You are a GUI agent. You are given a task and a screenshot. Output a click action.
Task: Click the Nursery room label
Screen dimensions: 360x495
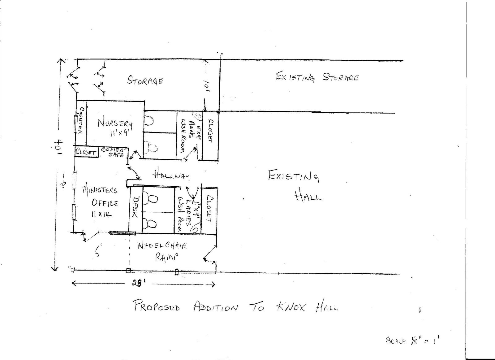115,127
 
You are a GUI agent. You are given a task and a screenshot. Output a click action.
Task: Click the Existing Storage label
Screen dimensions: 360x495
317,77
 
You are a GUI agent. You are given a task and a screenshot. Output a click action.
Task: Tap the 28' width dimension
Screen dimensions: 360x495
137,284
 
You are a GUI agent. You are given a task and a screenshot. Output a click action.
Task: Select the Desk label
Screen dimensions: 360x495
135,207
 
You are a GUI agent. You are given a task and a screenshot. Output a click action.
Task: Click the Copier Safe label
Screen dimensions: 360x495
113,152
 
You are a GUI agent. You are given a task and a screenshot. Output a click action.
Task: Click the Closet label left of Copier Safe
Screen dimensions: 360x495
86,152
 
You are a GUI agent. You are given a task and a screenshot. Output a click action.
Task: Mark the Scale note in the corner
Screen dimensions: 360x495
412,340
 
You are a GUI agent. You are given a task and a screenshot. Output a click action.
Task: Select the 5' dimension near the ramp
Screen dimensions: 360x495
98,250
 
